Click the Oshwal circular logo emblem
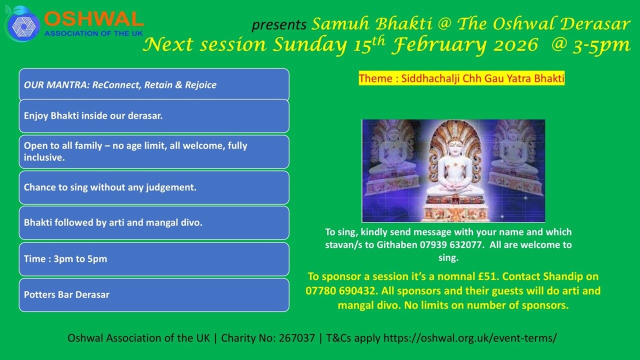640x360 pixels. pyautogui.click(x=22, y=24)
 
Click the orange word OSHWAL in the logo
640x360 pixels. pyautogui.click(x=93, y=19)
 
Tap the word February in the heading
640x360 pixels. pyautogui.click(x=439, y=45)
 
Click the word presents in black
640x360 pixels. pyautogui.click(x=279, y=25)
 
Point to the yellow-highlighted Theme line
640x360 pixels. pyautogui.click(x=461, y=78)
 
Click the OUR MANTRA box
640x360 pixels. pyautogui.click(x=154, y=84)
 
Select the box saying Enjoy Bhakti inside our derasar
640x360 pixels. pyautogui.click(x=154, y=116)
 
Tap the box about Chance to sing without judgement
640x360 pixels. pyautogui.click(x=154, y=187)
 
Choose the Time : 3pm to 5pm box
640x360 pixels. pyautogui.click(x=154, y=259)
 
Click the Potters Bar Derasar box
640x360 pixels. pyautogui.click(x=154, y=295)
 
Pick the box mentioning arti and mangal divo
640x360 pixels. pyautogui.click(x=154, y=223)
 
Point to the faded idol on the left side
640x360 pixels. pyautogui.click(x=392, y=160)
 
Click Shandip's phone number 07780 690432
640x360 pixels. pyautogui.click(x=340, y=291)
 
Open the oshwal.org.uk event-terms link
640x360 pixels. pyautogui.click(x=470, y=338)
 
